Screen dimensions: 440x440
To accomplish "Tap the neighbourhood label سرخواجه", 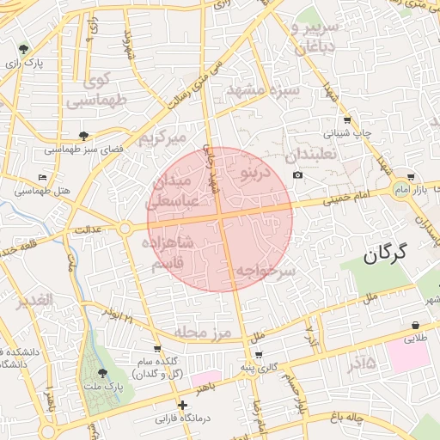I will click(x=266, y=270).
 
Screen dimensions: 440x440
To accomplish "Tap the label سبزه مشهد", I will click(x=262, y=89).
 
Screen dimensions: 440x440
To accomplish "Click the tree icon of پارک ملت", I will click(x=104, y=374).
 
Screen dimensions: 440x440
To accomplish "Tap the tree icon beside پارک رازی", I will click(x=23, y=49).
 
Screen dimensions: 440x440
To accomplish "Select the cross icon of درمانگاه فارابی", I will click(x=181, y=405).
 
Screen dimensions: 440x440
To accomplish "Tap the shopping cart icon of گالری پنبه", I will click(x=260, y=354).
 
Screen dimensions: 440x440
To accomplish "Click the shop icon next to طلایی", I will click(x=416, y=326).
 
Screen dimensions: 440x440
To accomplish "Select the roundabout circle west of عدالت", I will click(x=125, y=228).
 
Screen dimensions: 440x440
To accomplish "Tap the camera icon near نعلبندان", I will click(x=297, y=175).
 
